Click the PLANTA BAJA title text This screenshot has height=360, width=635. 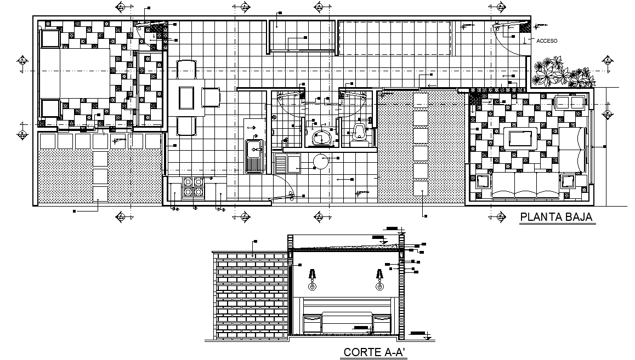556,217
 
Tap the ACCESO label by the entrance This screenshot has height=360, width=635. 547,41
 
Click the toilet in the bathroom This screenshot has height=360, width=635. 359,134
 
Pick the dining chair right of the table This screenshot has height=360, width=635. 211,98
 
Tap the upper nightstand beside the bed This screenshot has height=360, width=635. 50,39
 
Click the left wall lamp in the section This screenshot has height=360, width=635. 312,279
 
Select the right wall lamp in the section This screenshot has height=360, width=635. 378,279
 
